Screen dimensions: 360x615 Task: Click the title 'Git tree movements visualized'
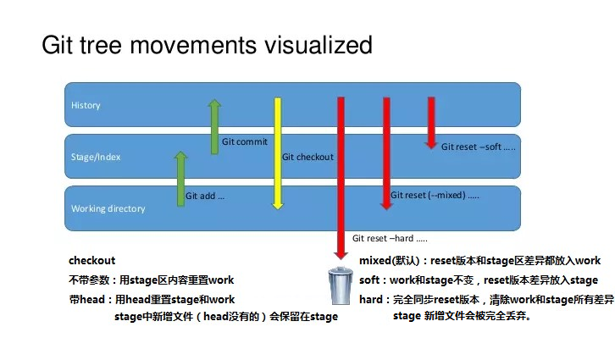coord(207,44)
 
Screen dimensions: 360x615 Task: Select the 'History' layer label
coord(86,106)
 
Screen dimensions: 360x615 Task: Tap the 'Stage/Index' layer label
coord(96,157)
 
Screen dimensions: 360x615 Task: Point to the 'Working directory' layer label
coord(108,208)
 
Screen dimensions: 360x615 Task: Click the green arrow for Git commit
coord(214,126)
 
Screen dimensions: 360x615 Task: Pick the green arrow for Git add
coord(180,178)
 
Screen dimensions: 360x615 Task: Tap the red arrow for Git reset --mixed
coord(386,152)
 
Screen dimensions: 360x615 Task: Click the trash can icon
coord(340,285)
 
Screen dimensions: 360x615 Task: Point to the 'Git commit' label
coord(244,142)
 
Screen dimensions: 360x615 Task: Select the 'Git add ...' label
coord(205,196)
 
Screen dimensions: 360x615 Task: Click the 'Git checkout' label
coord(307,157)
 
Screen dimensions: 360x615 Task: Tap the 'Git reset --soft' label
coord(479,147)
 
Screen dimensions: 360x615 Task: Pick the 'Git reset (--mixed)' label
coord(435,195)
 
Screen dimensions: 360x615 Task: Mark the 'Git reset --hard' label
coord(390,238)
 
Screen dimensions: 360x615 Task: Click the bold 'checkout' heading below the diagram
coord(91,260)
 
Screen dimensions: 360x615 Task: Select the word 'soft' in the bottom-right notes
coord(370,280)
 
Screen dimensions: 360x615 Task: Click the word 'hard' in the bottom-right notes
coord(371,299)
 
